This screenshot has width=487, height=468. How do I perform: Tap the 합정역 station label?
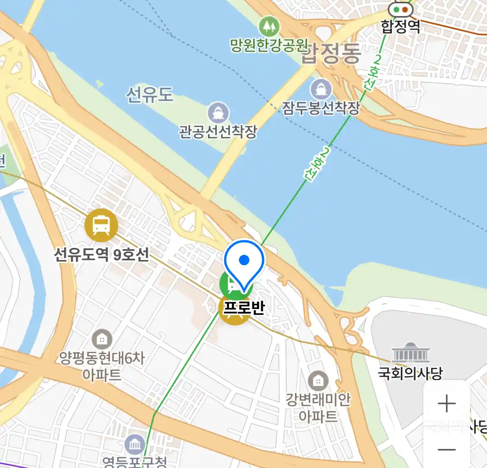[x=400, y=26]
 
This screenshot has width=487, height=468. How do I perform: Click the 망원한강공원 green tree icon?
[x=269, y=26]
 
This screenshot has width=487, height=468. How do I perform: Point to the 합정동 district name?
[x=331, y=53]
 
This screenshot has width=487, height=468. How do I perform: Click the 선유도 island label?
[x=150, y=94]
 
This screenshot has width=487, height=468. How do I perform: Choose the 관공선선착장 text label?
[x=218, y=131]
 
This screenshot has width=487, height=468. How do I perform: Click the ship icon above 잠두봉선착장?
[x=321, y=90]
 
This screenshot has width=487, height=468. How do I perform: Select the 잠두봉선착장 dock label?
[x=321, y=108]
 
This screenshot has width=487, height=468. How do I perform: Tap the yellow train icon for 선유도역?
[x=101, y=225]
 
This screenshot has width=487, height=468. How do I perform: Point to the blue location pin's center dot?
[x=244, y=260]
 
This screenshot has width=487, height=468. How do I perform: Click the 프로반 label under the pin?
[x=244, y=307]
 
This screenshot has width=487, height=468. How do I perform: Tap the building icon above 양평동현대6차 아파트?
[x=102, y=340]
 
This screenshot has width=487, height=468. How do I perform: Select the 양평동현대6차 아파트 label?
[x=102, y=366]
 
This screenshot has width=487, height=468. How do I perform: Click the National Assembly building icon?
[x=410, y=353]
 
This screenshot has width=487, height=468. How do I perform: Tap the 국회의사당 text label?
[x=410, y=373]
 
